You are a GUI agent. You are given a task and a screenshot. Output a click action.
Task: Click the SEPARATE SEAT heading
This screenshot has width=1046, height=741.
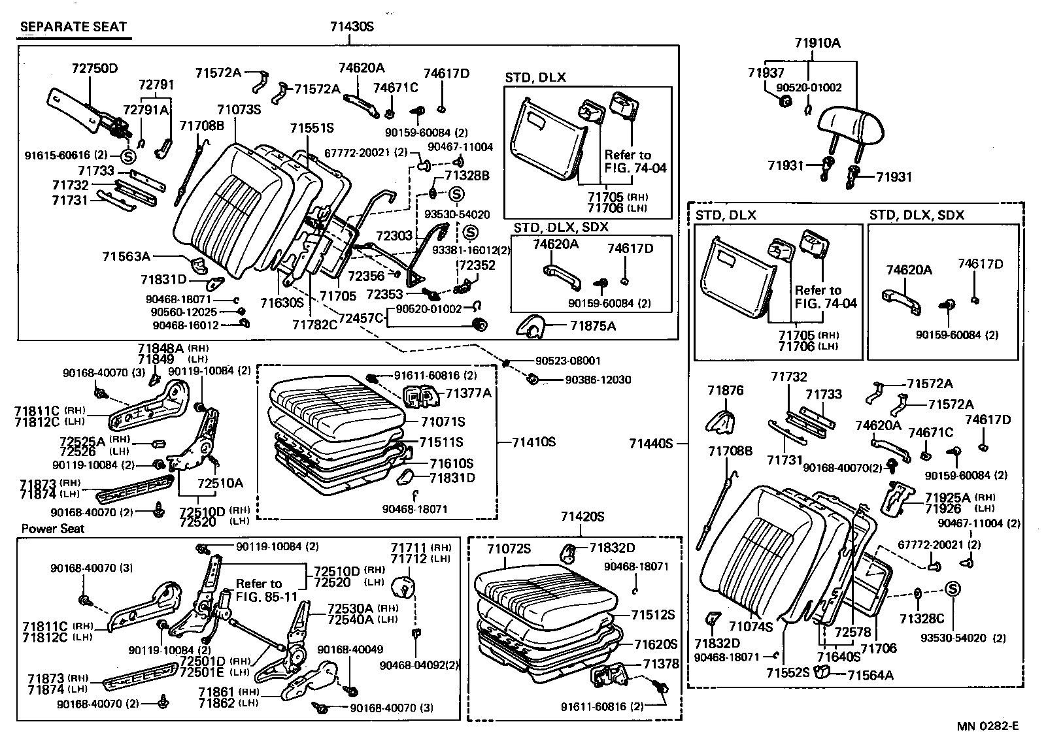73,27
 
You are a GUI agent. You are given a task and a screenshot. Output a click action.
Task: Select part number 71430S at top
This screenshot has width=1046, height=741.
351,27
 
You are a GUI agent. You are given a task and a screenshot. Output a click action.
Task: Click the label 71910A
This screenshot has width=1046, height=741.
817,44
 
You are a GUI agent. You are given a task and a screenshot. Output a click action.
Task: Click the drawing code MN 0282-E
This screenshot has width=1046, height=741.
988,726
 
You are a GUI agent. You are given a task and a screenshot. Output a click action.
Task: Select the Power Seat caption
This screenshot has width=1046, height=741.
53,529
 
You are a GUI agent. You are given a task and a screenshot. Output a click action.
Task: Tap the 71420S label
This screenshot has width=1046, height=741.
582,517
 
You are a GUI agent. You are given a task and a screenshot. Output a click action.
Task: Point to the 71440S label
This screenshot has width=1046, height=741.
651,444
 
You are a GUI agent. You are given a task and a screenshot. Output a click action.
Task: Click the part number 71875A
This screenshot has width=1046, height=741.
592,325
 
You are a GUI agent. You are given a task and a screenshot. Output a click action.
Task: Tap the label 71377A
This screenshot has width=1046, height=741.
468,393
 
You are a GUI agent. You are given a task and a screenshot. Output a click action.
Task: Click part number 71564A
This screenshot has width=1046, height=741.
870,675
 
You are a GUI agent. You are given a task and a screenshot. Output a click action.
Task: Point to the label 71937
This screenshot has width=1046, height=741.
766,74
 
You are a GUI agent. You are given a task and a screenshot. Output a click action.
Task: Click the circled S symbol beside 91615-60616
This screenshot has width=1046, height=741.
127,156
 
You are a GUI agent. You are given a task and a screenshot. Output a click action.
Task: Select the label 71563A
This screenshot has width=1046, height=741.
126,256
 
